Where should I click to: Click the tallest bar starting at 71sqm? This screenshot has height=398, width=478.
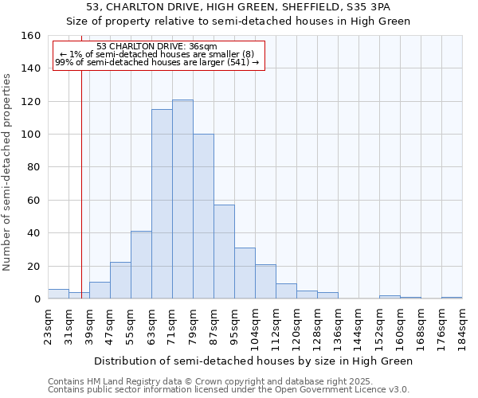(182, 199)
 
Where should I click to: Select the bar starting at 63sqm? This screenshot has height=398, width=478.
(162, 204)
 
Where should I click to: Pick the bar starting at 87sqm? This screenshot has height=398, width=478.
(224, 252)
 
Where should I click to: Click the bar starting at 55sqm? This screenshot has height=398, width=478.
(141, 265)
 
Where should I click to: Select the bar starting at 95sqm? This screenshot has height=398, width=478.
(245, 273)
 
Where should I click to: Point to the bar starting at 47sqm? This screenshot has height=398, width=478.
(120, 281)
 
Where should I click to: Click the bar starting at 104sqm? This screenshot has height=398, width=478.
(265, 282)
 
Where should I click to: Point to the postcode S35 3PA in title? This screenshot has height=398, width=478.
(368, 7)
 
